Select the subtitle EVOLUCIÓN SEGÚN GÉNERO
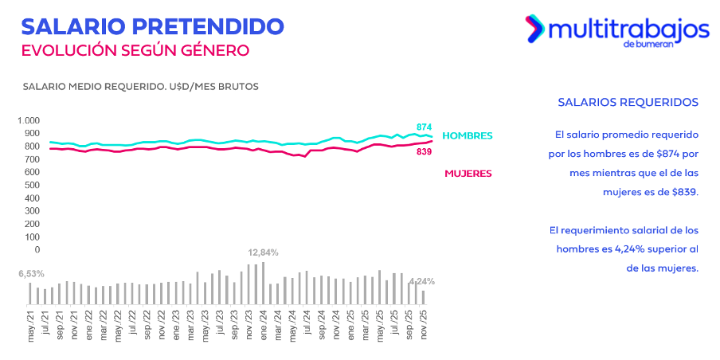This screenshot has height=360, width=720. pos(135,50)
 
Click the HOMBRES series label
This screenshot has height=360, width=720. pos(468,135)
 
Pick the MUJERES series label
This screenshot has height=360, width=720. pos(468,173)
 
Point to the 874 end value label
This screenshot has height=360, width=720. pos(424,127)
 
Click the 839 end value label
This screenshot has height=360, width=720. pos(424,151)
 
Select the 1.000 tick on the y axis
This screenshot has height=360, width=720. pos(28,121)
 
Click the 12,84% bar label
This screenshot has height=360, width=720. pos(263,252)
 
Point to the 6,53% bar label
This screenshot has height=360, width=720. pos(32,273)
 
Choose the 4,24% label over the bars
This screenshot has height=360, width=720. pos(422,281)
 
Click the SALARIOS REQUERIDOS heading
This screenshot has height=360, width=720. pos(628,103)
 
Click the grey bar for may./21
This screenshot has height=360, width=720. pos(30,293)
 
